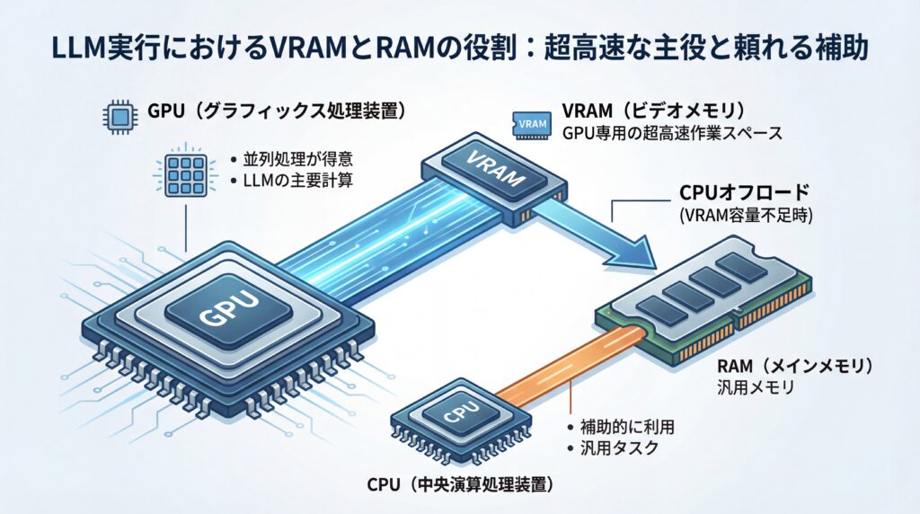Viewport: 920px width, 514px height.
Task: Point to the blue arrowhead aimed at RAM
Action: click(643, 251)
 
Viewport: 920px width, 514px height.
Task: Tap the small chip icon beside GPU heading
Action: click(118, 115)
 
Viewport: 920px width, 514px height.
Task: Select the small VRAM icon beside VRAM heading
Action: click(530, 121)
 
